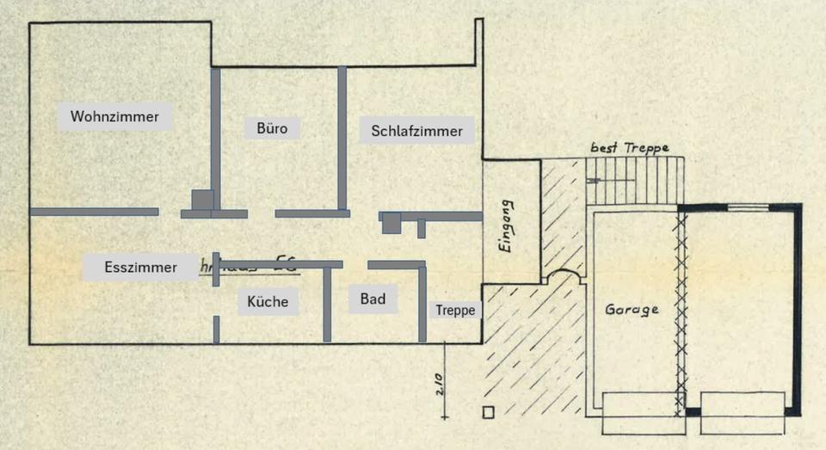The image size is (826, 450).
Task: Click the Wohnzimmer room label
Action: pos(115,116)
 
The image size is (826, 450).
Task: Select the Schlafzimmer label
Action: pos(416,131)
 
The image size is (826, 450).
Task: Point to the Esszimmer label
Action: pos(141,267)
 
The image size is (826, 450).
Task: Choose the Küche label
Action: pos(268,302)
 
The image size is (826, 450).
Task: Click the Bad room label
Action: pos(373,299)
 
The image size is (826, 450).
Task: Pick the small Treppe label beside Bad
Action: pos(455,311)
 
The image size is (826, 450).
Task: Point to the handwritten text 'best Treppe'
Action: pos(629,148)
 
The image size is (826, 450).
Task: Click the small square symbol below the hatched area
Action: pos(489,411)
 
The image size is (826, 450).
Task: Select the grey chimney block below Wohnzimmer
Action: pos(202,200)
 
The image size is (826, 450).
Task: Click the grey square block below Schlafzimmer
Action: pos(391,222)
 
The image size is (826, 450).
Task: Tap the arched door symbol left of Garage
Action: pos(564,274)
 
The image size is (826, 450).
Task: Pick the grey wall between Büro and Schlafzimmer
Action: pos(342,138)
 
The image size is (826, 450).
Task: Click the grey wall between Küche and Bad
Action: pos(327,304)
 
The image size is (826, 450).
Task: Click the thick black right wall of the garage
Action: pos(798,310)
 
